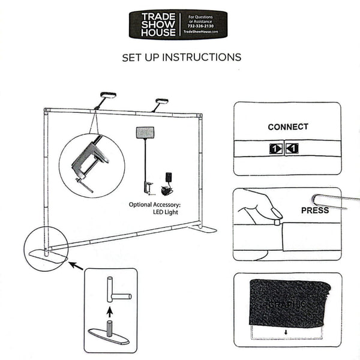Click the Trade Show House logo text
[154, 25]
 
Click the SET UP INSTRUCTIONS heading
[181, 58]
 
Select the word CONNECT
[288, 127]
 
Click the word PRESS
[314, 211]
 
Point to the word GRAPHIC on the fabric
[287, 304]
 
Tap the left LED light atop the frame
[108, 95]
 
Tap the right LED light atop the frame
[162, 101]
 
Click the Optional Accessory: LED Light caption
[155, 208]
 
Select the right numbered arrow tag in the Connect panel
[292, 148]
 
